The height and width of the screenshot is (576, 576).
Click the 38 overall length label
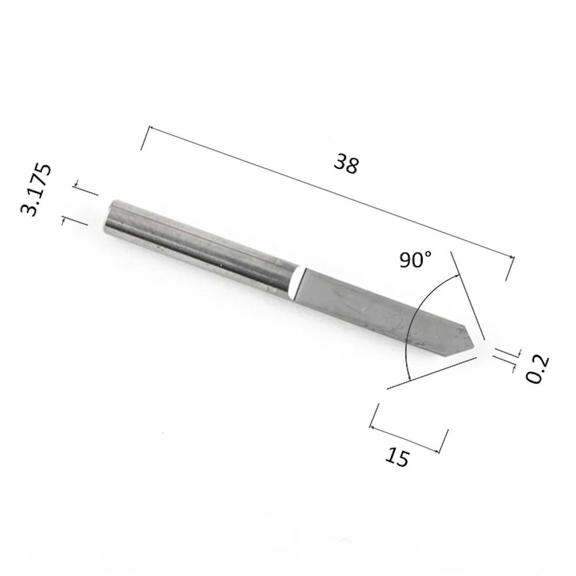[x=346, y=164]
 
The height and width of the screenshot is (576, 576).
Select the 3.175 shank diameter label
[x=36, y=190]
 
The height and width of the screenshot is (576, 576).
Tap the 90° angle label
[x=415, y=260]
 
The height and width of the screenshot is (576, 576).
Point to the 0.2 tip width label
[x=537, y=369]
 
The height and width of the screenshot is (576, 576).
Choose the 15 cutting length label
[x=397, y=457]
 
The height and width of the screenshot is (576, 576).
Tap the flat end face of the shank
[x=109, y=217]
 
